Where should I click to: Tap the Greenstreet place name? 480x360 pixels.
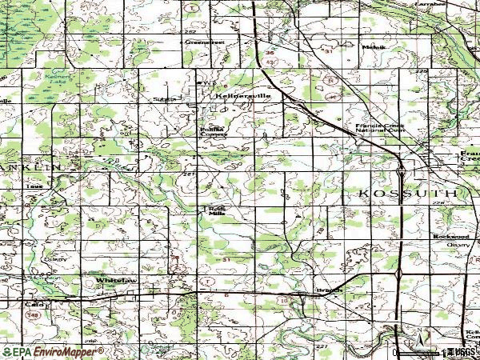click(202, 42)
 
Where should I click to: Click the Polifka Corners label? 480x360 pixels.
click(213, 131)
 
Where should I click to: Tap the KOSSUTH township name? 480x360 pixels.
click(404, 194)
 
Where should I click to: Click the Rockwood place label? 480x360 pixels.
click(450, 237)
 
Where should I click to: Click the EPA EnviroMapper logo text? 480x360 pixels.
click(47, 351)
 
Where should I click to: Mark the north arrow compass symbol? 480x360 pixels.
click(419, 336)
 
